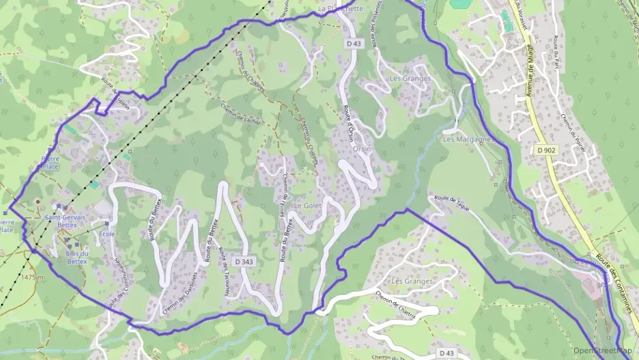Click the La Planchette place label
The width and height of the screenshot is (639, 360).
pos(341,9)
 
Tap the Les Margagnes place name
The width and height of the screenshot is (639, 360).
pos(468,139)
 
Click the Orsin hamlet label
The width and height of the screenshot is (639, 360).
pos(362,149)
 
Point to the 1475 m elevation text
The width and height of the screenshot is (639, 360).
pos(32,277)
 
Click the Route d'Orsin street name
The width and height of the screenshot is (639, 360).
pos(347,122)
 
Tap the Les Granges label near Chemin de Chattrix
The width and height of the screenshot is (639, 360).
pos(412,281)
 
